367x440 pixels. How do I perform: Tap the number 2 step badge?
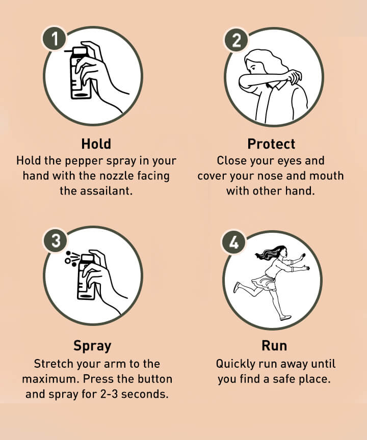tap(236, 40)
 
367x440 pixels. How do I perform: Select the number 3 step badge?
tap(55, 241)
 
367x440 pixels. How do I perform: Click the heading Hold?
tap(96, 143)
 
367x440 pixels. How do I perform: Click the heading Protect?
tap(271, 143)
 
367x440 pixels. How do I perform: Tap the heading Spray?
tap(92, 346)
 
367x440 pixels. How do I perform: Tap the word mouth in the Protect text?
tap(325, 176)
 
